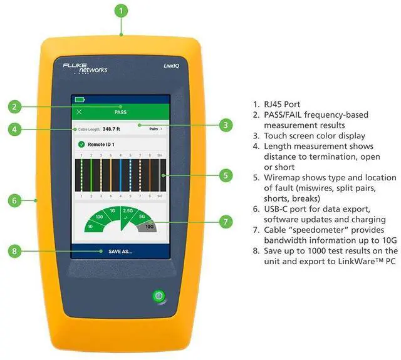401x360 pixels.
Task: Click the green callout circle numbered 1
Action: (x=122, y=11)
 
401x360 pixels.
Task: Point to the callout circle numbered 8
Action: (x=18, y=252)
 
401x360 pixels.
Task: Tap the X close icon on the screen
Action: (x=79, y=112)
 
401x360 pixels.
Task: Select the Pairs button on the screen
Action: (x=156, y=128)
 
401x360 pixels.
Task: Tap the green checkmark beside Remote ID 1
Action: (x=81, y=145)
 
